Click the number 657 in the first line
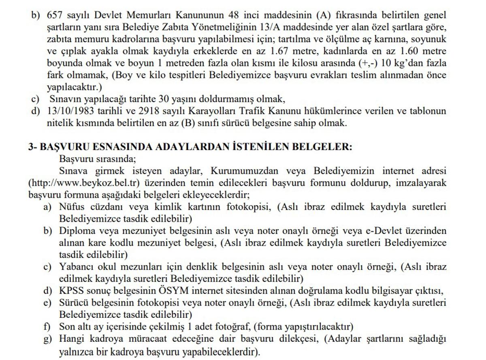55,15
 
